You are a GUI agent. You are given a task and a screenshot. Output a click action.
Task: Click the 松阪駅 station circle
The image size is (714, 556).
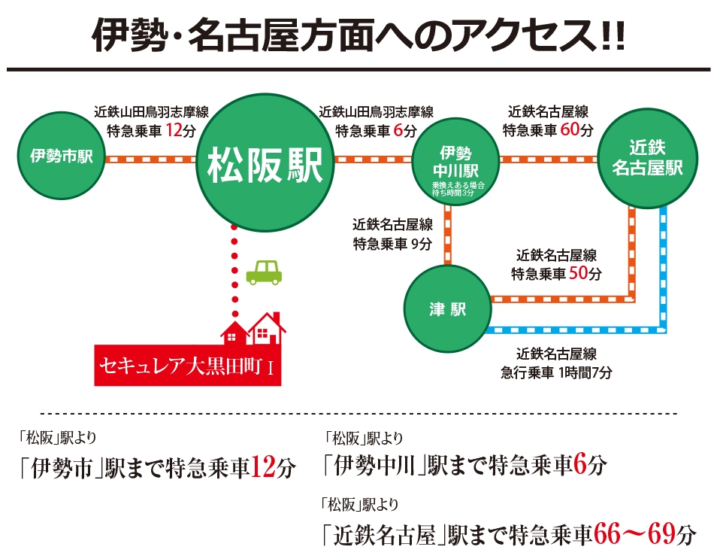tap(265, 163)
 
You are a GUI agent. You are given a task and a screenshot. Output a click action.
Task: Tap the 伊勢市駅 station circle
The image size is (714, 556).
tap(62, 156)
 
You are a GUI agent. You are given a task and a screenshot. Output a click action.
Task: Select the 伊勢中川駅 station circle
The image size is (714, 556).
tap(455, 163)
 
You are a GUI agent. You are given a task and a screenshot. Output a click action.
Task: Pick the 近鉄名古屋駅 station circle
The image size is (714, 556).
tap(647, 158)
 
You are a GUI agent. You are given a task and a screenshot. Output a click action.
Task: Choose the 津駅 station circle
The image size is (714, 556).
tap(448, 309)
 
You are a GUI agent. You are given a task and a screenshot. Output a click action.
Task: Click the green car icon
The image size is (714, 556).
tap(264, 272)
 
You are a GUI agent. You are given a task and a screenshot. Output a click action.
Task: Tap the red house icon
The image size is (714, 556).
tap(253, 329)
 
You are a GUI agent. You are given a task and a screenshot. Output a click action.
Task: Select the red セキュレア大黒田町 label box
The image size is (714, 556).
tap(188, 366)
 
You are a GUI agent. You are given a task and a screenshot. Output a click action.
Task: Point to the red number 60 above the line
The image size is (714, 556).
tap(569, 129)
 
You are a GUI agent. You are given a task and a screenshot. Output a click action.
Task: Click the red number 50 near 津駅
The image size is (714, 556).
tap(578, 273)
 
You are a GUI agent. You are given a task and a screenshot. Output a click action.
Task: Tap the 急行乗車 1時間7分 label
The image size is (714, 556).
tap(556, 372)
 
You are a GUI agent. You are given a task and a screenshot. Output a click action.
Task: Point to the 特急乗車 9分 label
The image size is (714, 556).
tap(392, 245)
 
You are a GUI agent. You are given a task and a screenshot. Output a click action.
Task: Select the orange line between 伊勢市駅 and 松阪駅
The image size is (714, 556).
tap(151, 160)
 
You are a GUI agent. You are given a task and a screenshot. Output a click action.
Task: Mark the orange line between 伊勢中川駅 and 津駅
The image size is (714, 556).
tap(448, 235)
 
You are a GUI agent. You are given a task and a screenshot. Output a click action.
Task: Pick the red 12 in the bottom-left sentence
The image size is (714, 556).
tap(263, 467)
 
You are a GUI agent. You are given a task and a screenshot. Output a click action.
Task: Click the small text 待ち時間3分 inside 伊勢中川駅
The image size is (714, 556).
tap(453, 193)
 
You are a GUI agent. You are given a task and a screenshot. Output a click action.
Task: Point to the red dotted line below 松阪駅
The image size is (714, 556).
tap(234, 271)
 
